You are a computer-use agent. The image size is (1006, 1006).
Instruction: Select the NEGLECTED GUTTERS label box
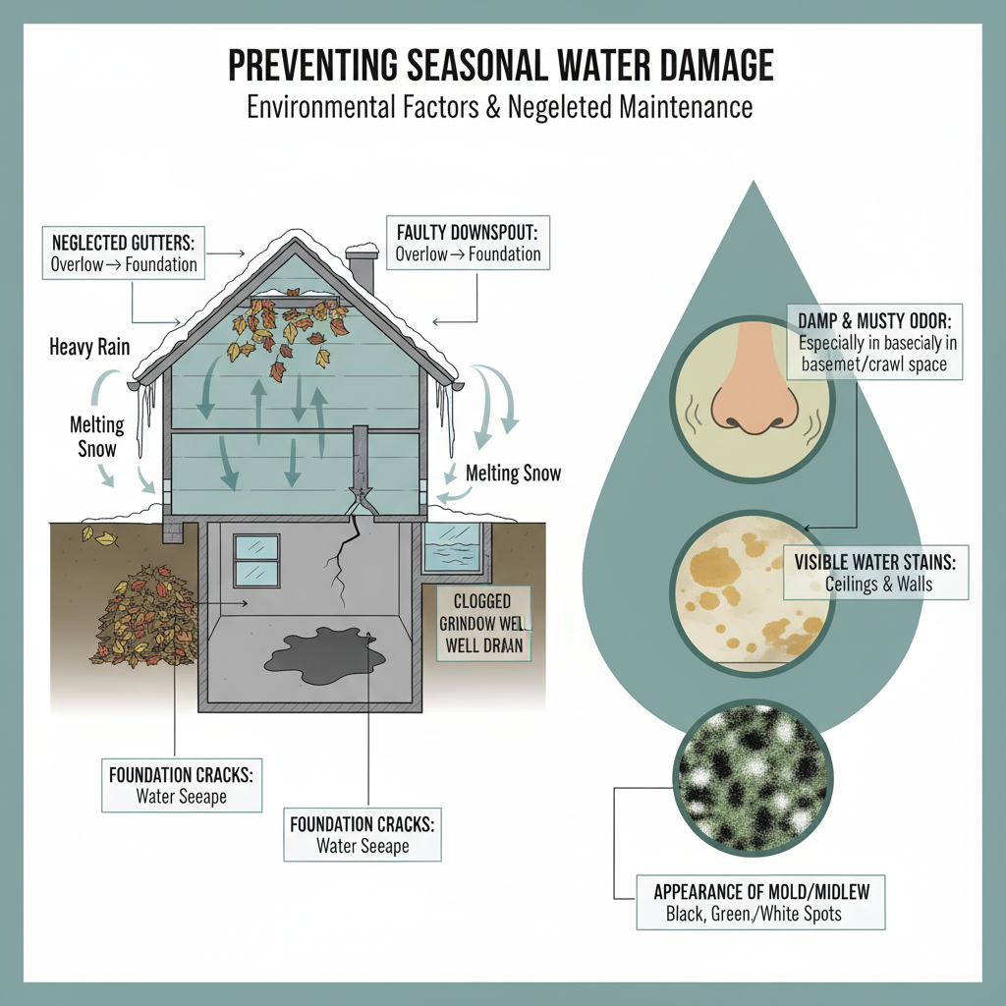(124, 251)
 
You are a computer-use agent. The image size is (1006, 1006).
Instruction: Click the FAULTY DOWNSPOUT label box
(467, 243)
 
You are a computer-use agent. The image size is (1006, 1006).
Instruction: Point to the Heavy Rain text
(90, 347)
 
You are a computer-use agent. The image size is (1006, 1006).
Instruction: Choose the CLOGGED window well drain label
(482, 625)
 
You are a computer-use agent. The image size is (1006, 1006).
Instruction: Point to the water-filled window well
(451, 546)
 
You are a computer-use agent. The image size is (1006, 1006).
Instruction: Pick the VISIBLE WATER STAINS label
(875, 574)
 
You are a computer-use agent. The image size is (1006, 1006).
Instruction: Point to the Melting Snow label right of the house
(513, 474)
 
